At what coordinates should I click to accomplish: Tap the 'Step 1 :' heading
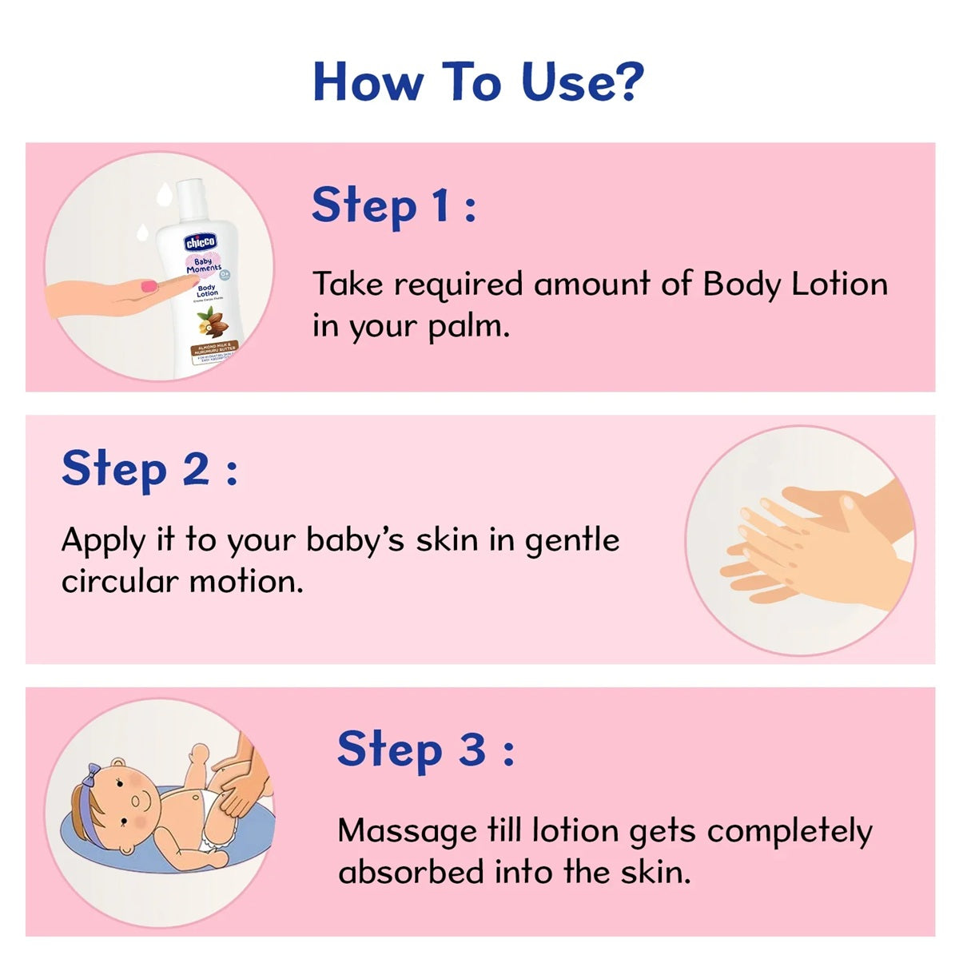point(393,205)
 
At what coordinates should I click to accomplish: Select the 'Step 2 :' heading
point(149,469)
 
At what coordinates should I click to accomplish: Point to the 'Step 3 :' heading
point(425,750)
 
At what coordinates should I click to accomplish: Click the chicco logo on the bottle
point(201,242)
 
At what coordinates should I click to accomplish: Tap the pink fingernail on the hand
point(148,285)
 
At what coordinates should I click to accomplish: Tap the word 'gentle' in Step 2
point(571,541)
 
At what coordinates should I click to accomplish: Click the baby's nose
point(135,800)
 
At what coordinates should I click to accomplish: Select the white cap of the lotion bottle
point(190,196)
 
